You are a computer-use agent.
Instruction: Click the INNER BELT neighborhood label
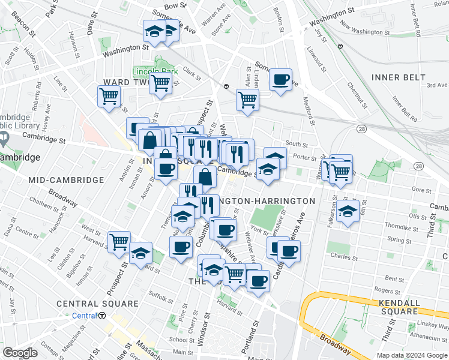(398, 77)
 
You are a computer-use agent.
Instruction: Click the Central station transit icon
(102, 316)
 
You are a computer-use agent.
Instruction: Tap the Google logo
(20, 353)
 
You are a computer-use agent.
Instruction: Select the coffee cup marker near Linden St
(280, 80)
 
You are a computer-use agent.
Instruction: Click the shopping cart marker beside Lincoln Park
(160, 83)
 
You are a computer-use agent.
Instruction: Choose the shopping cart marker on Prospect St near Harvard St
(119, 242)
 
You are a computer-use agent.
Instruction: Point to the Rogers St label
(396, 292)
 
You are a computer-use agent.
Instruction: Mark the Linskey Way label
(430, 325)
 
